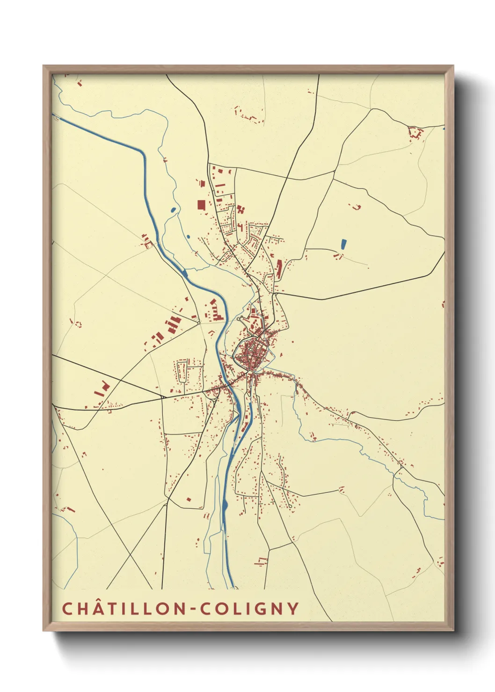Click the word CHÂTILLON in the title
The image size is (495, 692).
(124, 609)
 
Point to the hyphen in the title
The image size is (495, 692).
(193, 609)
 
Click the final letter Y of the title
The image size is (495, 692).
(293, 609)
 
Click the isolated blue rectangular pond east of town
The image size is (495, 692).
(343, 244)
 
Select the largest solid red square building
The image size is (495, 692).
(201, 205)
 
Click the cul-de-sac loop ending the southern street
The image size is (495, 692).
(291, 506)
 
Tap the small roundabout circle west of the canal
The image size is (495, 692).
(198, 322)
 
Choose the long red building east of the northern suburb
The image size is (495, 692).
(279, 269)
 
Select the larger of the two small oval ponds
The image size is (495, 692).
(174, 210)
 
